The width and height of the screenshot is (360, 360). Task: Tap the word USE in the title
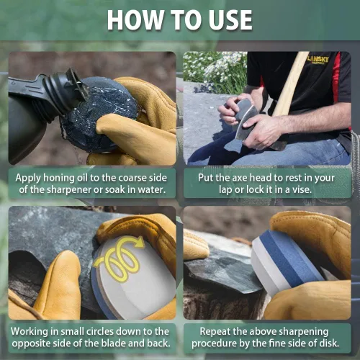tap(230, 20)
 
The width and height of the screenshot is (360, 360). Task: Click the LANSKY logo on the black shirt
tap(318, 60)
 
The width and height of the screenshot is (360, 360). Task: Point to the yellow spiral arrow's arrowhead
tap(139, 243)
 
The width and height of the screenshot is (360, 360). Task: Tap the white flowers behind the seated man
tap(215, 70)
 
